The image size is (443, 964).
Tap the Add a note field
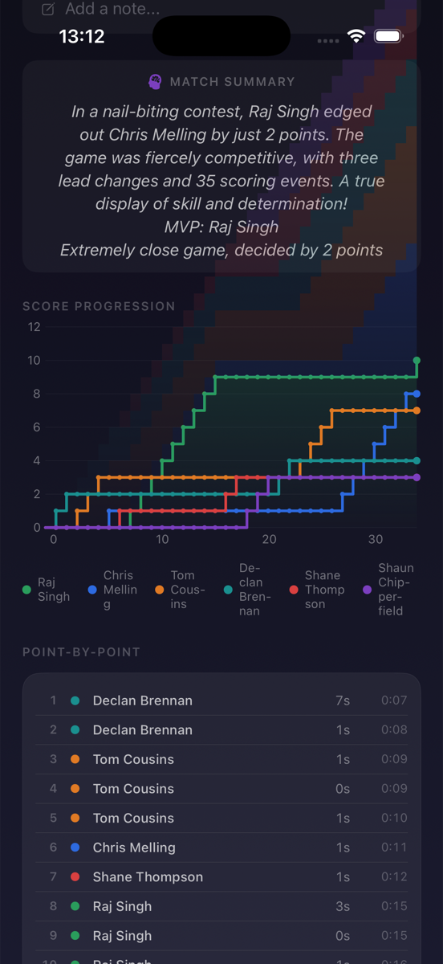[x=112, y=9]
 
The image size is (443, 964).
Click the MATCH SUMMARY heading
[x=231, y=82]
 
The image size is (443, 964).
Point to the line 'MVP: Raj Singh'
[x=221, y=227]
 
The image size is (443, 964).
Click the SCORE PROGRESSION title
[x=99, y=306]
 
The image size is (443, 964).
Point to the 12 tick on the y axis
[x=34, y=327]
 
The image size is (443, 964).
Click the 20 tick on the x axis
[x=269, y=540]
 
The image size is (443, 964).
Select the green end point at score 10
[x=417, y=361]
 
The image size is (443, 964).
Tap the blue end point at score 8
[x=417, y=394]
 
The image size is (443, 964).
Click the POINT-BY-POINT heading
[x=81, y=652]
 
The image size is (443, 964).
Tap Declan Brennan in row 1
[x=142, y=701]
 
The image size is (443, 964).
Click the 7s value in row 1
[x=343, y=701]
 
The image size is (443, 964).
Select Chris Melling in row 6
[x=133, y=848]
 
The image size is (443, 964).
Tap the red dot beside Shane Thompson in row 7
[x=75, y=877]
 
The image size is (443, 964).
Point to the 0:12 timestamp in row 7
[x=393, y=877]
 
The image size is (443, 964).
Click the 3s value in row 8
[x=343, y=906]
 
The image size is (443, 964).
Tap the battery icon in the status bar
[x=389, y=36]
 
